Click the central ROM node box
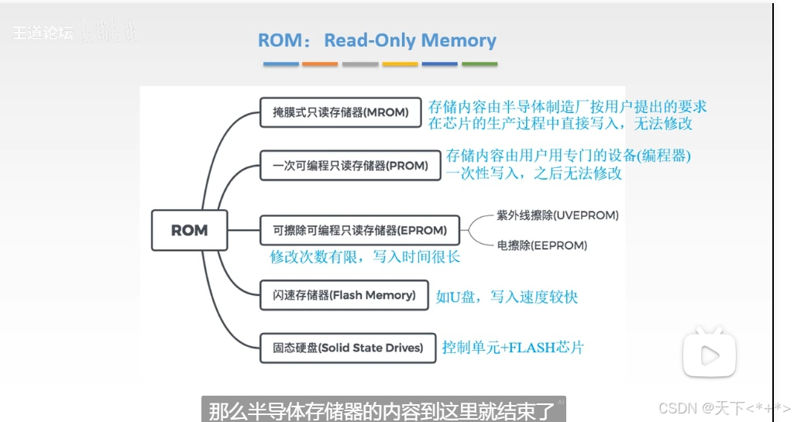(x=190, y=230)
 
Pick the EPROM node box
(x=359, y=230)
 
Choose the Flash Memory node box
(x=345, y=295)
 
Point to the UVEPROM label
(x=558, y=214)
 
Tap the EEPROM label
(x=542, y=245)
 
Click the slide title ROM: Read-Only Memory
(x=377, y=40)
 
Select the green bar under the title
(x=479, y=64)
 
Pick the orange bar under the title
(x=320, y=64)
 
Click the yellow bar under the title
(x=400, y=64)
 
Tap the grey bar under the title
(x=359, y=64)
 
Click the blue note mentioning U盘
(x=507, y=296)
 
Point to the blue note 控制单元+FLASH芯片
(x=513, y=347)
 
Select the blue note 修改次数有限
(x=365, y=256)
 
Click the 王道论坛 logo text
(x=43, y=33)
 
